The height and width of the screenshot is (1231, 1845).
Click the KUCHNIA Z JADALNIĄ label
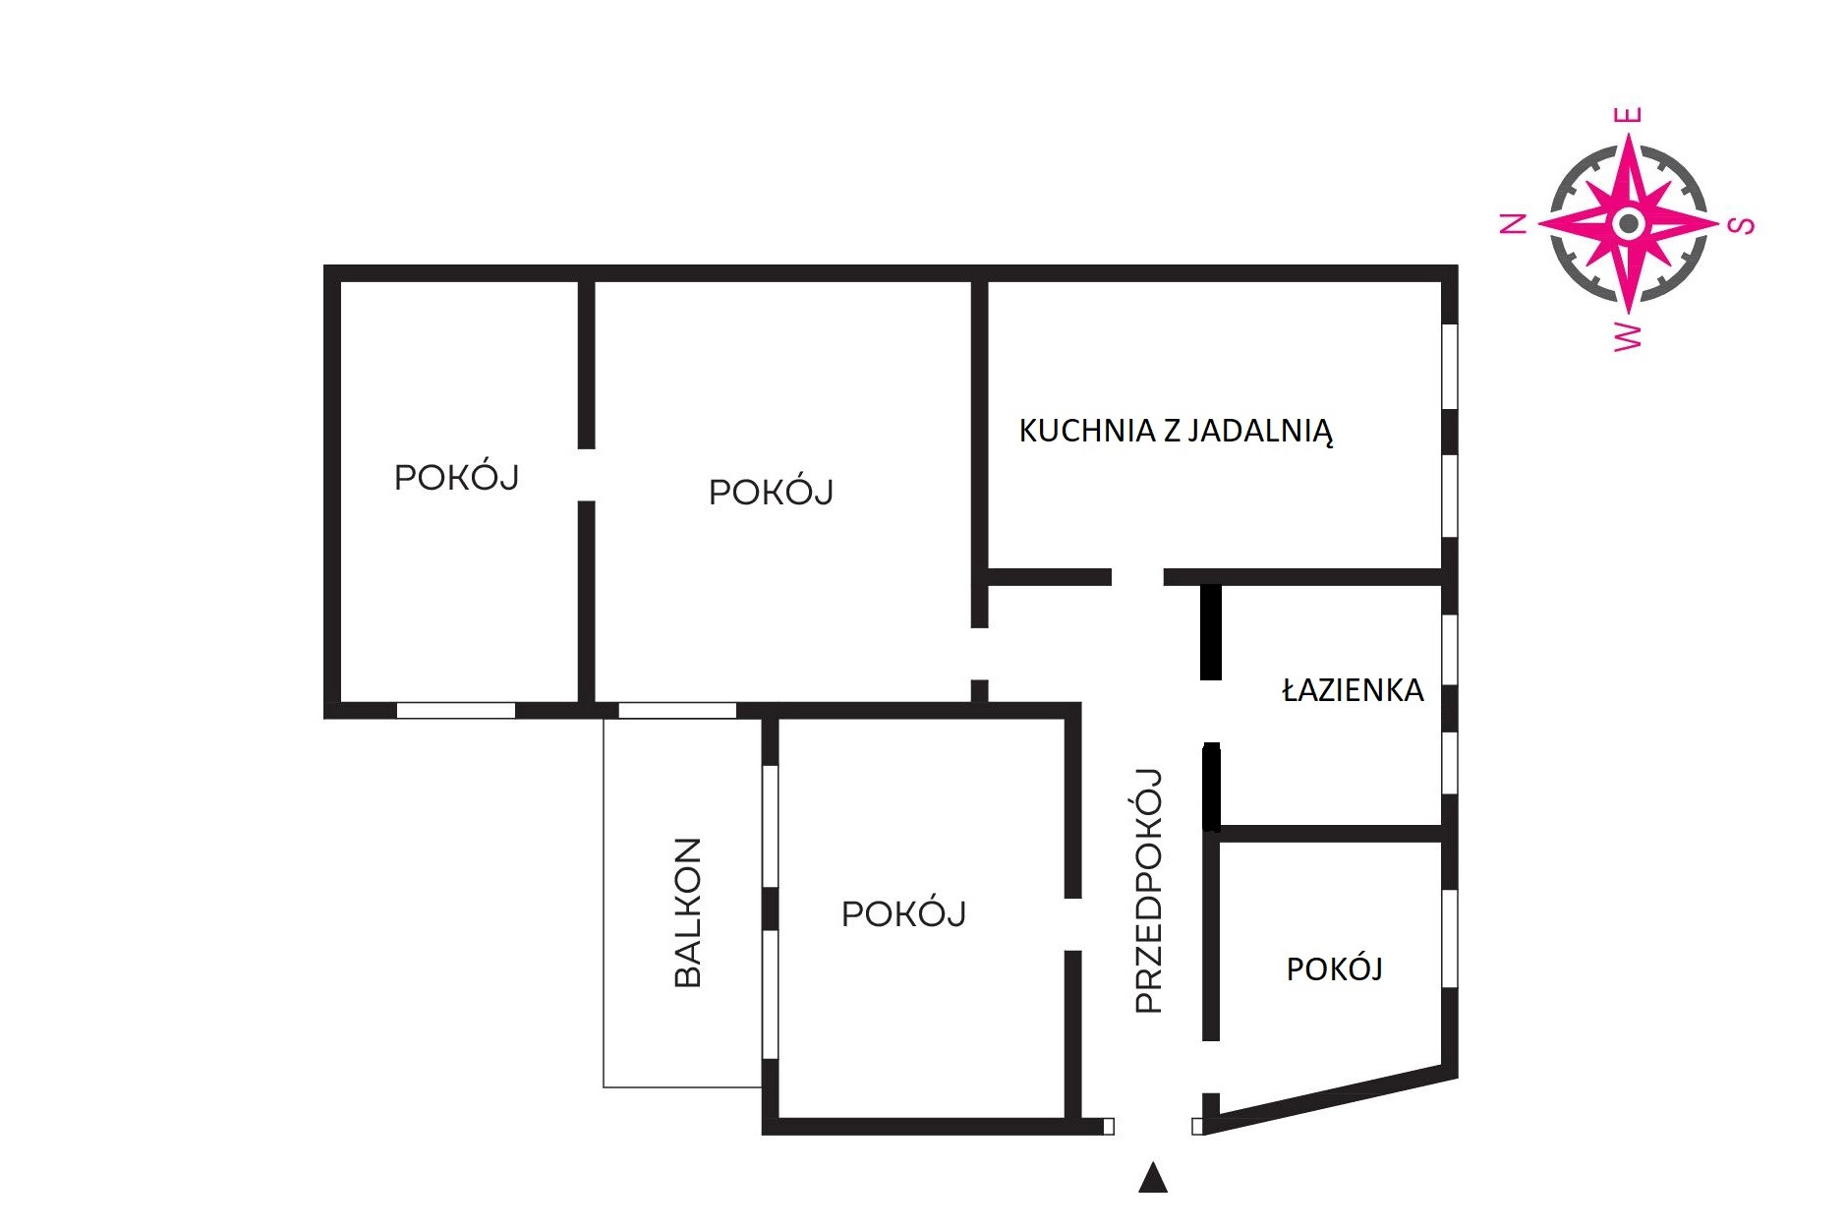click(x=1176, y=431)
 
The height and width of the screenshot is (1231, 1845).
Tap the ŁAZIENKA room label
click(x=1353, y=689)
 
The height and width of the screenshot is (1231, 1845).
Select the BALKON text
click(x=688, y=912)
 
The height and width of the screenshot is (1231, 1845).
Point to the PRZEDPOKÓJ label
click(x=1148, y=890)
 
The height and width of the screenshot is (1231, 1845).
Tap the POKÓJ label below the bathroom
click(x=1334, y=969)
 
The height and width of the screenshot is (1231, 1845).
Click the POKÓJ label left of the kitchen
click(x=771, y=491)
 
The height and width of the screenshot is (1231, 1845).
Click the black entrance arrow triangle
click(x=1153, y=1178)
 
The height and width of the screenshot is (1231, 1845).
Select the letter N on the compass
click(x=1514, y=223)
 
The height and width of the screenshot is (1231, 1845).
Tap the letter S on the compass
click(x=1741, y=224)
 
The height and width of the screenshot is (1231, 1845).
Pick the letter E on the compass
click(x=1628, y=115)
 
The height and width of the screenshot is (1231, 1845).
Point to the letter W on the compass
click(x=1629, y=334)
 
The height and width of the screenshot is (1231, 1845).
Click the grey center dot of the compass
click(x=1628, y=223)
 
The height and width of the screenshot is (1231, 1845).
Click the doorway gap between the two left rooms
click(x=586, y=475)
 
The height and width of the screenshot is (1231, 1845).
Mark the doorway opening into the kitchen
click(x=1137, y=577)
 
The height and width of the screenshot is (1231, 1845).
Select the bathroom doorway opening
click(x=1211, y=711)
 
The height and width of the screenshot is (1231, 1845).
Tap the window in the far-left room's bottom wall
click(x=456, y=711)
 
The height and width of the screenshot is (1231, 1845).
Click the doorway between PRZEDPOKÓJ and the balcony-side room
click(x=1073, y=924)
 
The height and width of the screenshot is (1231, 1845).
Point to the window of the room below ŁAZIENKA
click(x=1450, y=939)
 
